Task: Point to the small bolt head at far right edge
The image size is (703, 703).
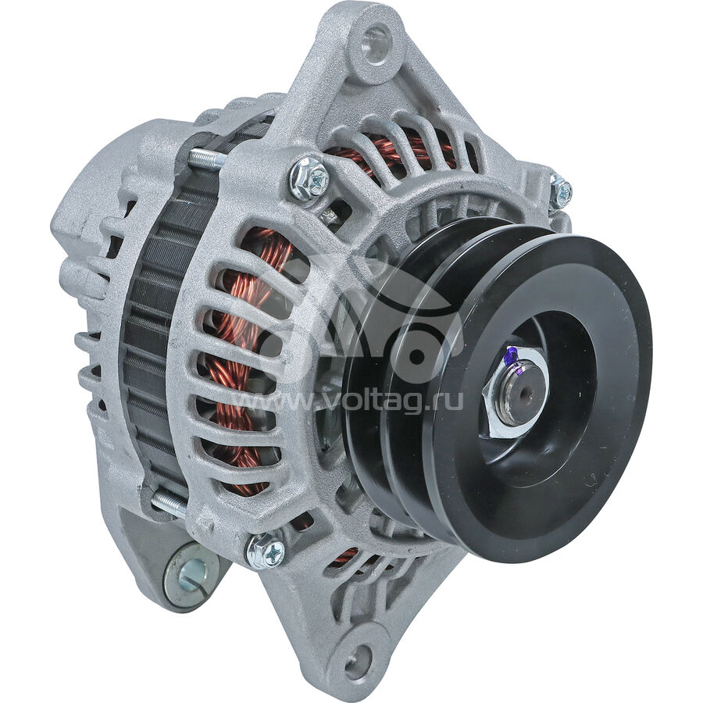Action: [561, 190]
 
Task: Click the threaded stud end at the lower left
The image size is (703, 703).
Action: [168, 501]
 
